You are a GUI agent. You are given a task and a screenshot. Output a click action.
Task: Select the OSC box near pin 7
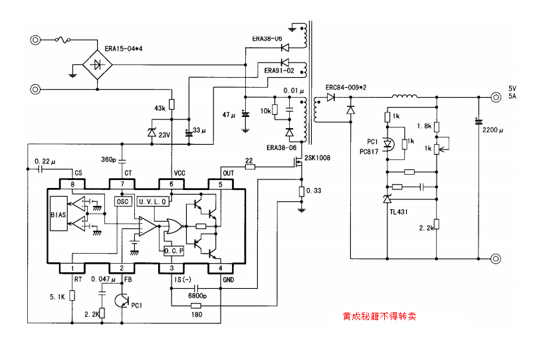tap(122, 201)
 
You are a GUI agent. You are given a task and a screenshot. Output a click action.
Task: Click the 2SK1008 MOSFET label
tap(318, 158)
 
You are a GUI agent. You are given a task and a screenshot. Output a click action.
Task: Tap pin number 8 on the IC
tap(71, 183)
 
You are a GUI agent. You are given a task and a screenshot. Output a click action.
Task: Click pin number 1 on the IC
tap(71, 268)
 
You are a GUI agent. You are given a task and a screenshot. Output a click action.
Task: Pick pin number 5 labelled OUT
tap(221, 183)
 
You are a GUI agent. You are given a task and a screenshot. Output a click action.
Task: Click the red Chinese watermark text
tap(380, 317)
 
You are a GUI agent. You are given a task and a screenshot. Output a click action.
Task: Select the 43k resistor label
tap(160, 108)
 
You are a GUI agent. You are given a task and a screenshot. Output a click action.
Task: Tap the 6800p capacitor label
tap(197, 296)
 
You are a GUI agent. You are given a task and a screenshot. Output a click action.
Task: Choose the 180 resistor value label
tap(196, 315)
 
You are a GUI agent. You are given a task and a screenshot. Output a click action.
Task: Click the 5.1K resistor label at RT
tap(58, 297)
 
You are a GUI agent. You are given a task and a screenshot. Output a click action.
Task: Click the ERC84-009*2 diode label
tap(346, 87)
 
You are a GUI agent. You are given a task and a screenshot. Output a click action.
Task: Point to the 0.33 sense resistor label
tap(313, 192)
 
